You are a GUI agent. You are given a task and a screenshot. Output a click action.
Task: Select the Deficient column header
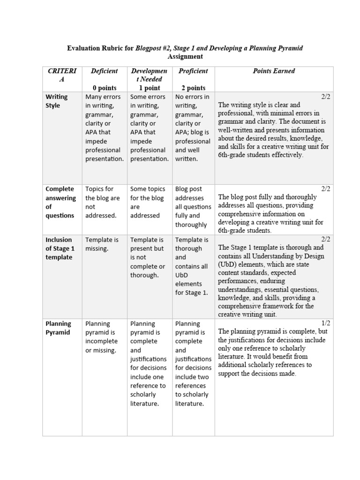(104, 71)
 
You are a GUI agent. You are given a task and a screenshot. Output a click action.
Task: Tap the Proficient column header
(193, 71)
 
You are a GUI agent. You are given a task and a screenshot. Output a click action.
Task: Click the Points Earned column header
(274, 71)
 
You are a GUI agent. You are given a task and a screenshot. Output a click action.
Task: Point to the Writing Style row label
(56, 101)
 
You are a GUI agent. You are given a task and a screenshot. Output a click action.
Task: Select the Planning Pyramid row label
(58, 328)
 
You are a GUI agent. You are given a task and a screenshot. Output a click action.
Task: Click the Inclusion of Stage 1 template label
(60, 248)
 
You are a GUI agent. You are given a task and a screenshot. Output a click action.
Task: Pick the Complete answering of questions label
(60, 202)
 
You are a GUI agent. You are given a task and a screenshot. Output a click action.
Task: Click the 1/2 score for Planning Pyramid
(326, 323)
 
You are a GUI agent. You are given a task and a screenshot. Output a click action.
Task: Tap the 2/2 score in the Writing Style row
(326, 96)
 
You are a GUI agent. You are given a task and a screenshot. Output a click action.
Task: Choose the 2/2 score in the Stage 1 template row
(326, 239)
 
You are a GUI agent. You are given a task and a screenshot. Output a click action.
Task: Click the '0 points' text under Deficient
(104, 88)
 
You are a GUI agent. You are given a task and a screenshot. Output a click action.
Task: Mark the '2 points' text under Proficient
(193, 88)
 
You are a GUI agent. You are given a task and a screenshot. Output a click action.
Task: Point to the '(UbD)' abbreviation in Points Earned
(227, 264)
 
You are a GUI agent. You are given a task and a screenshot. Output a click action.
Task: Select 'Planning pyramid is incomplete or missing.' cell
(102, 337)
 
